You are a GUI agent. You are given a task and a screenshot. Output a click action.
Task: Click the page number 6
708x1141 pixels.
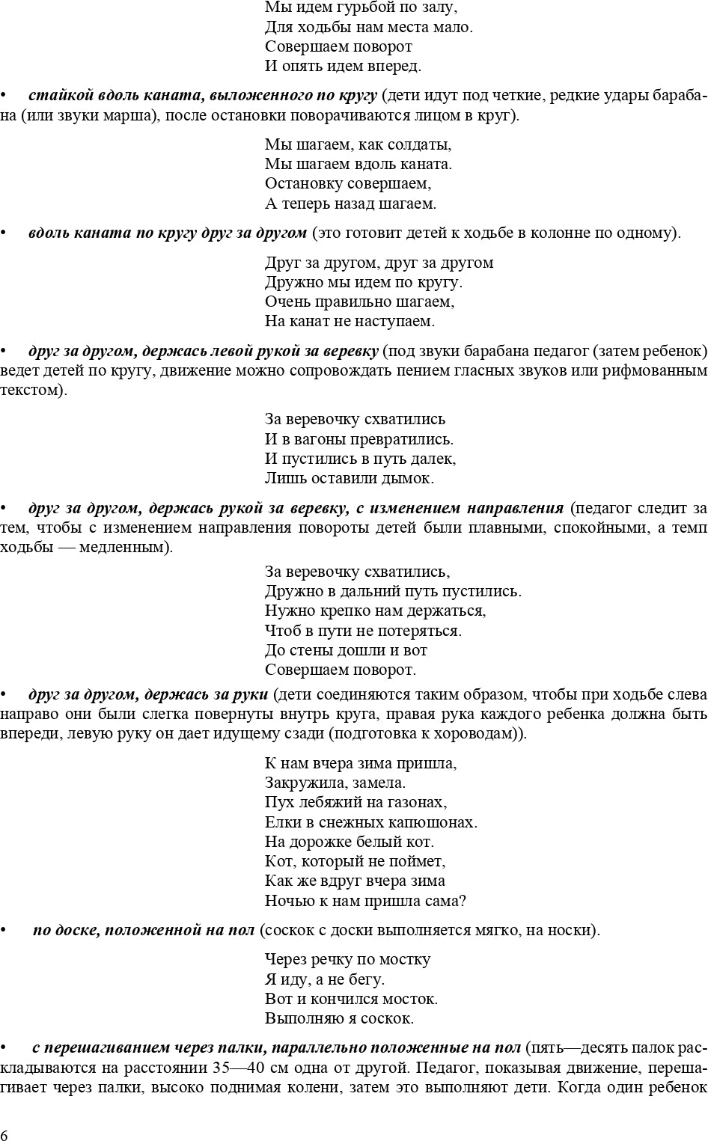(x=5, y=1134)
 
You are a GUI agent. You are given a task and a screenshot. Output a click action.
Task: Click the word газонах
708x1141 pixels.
(x=416, y=803)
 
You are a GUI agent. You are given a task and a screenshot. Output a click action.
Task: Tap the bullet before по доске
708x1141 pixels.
(x=3, y=931)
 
